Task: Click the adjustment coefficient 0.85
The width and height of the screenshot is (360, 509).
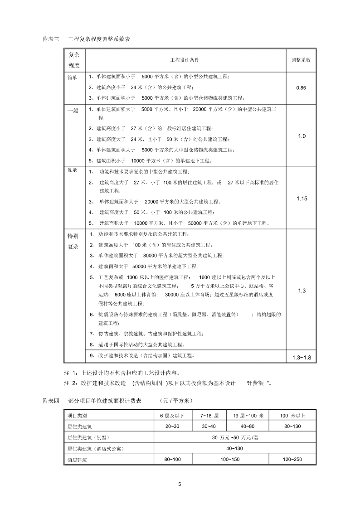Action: [x=301, y=87]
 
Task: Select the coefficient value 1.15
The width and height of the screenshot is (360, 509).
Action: [x=302, y=198]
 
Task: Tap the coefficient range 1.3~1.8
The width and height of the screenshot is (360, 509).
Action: [x=302, y=358]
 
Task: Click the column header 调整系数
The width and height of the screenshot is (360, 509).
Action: [x=301, y=60]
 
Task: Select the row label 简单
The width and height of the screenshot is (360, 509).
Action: [x=73, y=77]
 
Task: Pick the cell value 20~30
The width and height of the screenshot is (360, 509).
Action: [x=172, y=426]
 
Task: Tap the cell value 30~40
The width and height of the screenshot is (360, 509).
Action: [x=209, y=426]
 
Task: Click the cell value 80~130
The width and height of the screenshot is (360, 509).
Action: [x=292, y=426]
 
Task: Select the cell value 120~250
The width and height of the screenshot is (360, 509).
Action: [x=292, y=460]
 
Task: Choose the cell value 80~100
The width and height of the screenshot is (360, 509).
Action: [x=172, y=460]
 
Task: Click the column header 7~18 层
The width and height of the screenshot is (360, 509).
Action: [x=209, y=415]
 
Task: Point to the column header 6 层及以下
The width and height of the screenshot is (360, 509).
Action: [x=172, y=415]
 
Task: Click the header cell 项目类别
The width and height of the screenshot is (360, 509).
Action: [x=77, y=415]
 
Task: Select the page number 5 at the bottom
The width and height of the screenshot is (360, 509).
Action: [x=180, y=485]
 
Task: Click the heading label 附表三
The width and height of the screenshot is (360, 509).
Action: [x=50, y=40]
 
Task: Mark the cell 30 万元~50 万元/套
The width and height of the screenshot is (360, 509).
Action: [x=235, y=437]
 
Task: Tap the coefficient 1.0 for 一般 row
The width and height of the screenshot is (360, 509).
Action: [x=302, y=136]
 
